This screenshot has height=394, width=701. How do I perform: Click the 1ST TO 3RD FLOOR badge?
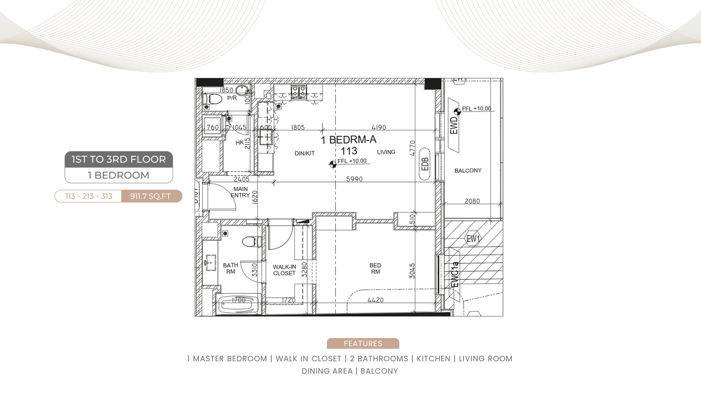[119, 159]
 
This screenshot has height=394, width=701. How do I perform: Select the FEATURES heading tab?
[363, 343]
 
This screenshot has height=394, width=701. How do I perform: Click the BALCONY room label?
[468, 170]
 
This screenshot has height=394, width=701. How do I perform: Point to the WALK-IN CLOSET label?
[284, 270]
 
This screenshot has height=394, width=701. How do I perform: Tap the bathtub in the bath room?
[238, 305]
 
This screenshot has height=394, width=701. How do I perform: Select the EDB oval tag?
[425, 164]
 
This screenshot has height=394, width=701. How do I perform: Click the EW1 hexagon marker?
[473, 239]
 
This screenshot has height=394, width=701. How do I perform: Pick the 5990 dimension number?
[354, 179]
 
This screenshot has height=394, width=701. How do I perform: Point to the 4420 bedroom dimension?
[375, 300]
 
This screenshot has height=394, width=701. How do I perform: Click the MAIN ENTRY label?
[241, 192]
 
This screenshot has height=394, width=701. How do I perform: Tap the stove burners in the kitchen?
[299, 91]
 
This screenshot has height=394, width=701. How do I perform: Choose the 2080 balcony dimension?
[472, 201]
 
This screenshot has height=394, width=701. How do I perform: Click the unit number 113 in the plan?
[349, 151]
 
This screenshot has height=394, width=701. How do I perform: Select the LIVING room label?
[386, 152]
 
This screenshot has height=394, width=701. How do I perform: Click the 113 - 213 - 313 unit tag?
[89, 196]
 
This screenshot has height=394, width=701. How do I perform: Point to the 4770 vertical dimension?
[412, 148]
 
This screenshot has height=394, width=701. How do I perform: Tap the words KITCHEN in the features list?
[433, 359]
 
